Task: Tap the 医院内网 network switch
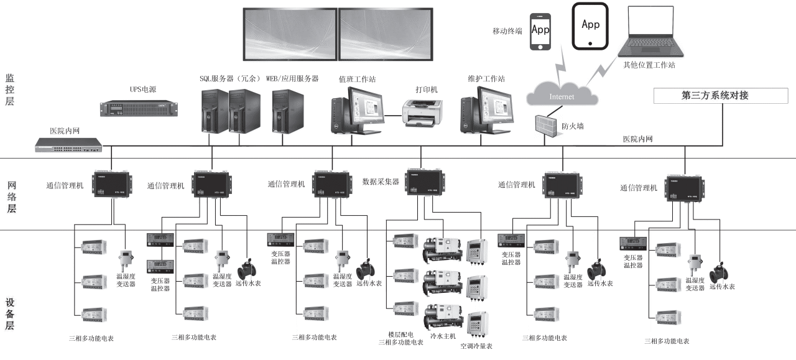pyautogui.click(x=68, y=145)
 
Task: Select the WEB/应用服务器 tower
pyautogui.click(x=287, y=111)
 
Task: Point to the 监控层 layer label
pyautogui.click(x=9, y=90)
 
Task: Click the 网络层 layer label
pyautogui.click(x=11, y=197)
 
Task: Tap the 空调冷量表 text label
pyautogui.click(x=476, y=346)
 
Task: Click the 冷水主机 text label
pyautogui.click(x=443, y=336)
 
